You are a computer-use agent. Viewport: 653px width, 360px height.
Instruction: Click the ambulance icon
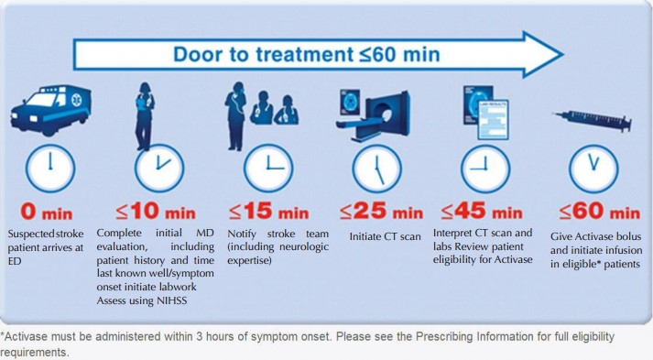50,110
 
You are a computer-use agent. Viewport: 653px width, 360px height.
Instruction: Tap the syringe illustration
593,121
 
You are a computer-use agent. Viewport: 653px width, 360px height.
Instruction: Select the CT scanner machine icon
374,115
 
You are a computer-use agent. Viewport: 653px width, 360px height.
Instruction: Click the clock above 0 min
50,169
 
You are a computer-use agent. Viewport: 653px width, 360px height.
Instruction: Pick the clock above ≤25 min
377,169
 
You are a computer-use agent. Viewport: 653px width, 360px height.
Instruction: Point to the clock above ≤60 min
593,169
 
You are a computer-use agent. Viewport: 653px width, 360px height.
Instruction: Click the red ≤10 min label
156,212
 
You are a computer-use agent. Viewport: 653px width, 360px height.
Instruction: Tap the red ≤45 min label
482,212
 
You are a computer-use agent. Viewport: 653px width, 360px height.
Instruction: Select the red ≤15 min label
269,212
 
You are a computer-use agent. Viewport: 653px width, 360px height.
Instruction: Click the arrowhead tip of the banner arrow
563,54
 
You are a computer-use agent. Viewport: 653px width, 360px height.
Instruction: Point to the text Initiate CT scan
386,236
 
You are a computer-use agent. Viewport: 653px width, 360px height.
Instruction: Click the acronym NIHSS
172,300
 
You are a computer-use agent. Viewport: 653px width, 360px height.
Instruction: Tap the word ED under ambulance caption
14,261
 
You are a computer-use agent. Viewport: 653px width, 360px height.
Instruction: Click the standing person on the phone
235,115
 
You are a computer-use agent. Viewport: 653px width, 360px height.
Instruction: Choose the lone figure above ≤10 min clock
145,115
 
